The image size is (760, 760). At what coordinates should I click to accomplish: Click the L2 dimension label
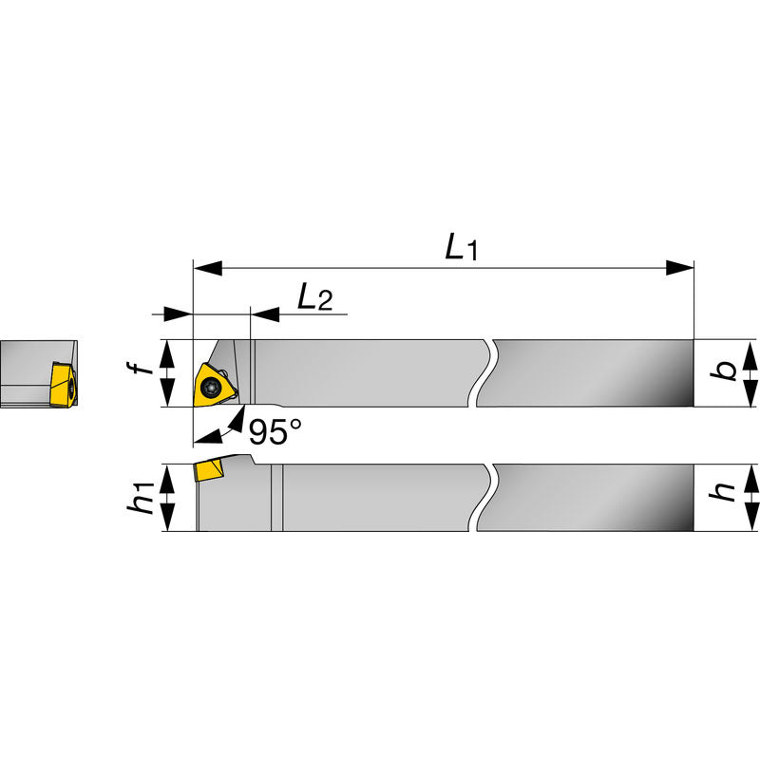click(314, 297)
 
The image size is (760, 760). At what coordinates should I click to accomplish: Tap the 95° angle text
click(275, 432)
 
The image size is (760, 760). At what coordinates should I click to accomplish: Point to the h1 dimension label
click(143, 497)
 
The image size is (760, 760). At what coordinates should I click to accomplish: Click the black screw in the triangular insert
click(211, 387)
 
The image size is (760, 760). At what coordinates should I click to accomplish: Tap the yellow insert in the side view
click(209, 470)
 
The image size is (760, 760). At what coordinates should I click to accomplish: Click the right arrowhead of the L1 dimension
click(680, 269)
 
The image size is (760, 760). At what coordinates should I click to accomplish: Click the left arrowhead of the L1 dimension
click(207, 269)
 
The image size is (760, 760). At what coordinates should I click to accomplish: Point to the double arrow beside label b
click(750, 373)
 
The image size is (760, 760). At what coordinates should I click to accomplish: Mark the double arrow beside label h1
click(170, 498)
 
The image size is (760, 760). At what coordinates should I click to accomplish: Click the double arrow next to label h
click(750, 498)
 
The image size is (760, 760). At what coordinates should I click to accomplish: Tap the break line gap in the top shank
click(484, 372)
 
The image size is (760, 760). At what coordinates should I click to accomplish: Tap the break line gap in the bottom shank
click(484, 497)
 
